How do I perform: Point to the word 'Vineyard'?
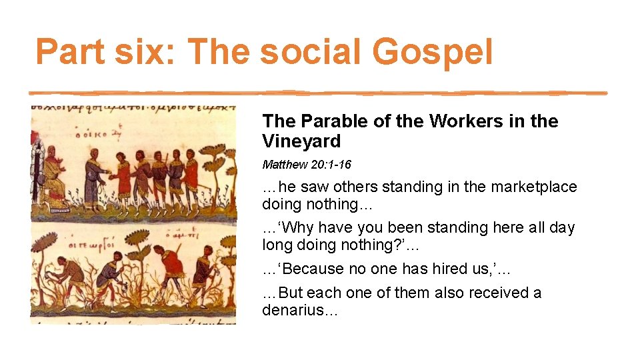pos(301,141)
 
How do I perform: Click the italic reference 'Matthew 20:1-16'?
pos(307,165)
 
